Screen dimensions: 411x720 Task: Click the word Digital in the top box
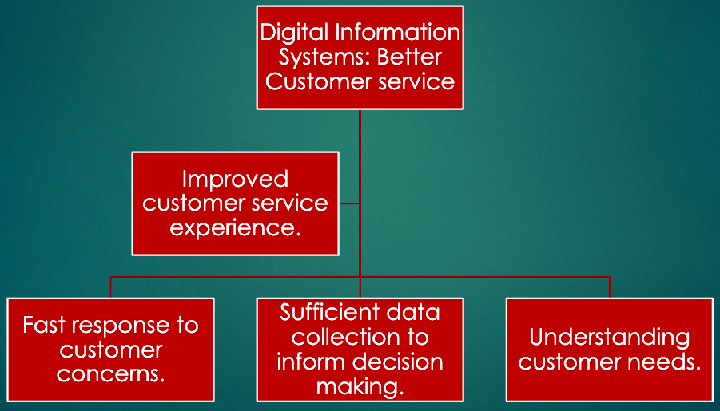point(294,34)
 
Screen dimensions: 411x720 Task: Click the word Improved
point(235,179)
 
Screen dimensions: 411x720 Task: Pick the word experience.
point(235,227)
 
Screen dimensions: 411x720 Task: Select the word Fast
point(43,326)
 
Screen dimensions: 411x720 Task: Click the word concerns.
point(111,373)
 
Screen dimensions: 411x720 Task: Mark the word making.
point(360,386)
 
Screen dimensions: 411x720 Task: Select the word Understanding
point(609,337)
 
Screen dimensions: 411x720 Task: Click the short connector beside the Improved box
point(349,204)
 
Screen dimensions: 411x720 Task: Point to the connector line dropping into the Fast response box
point(111,287)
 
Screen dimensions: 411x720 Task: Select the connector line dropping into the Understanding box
point(610,287)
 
